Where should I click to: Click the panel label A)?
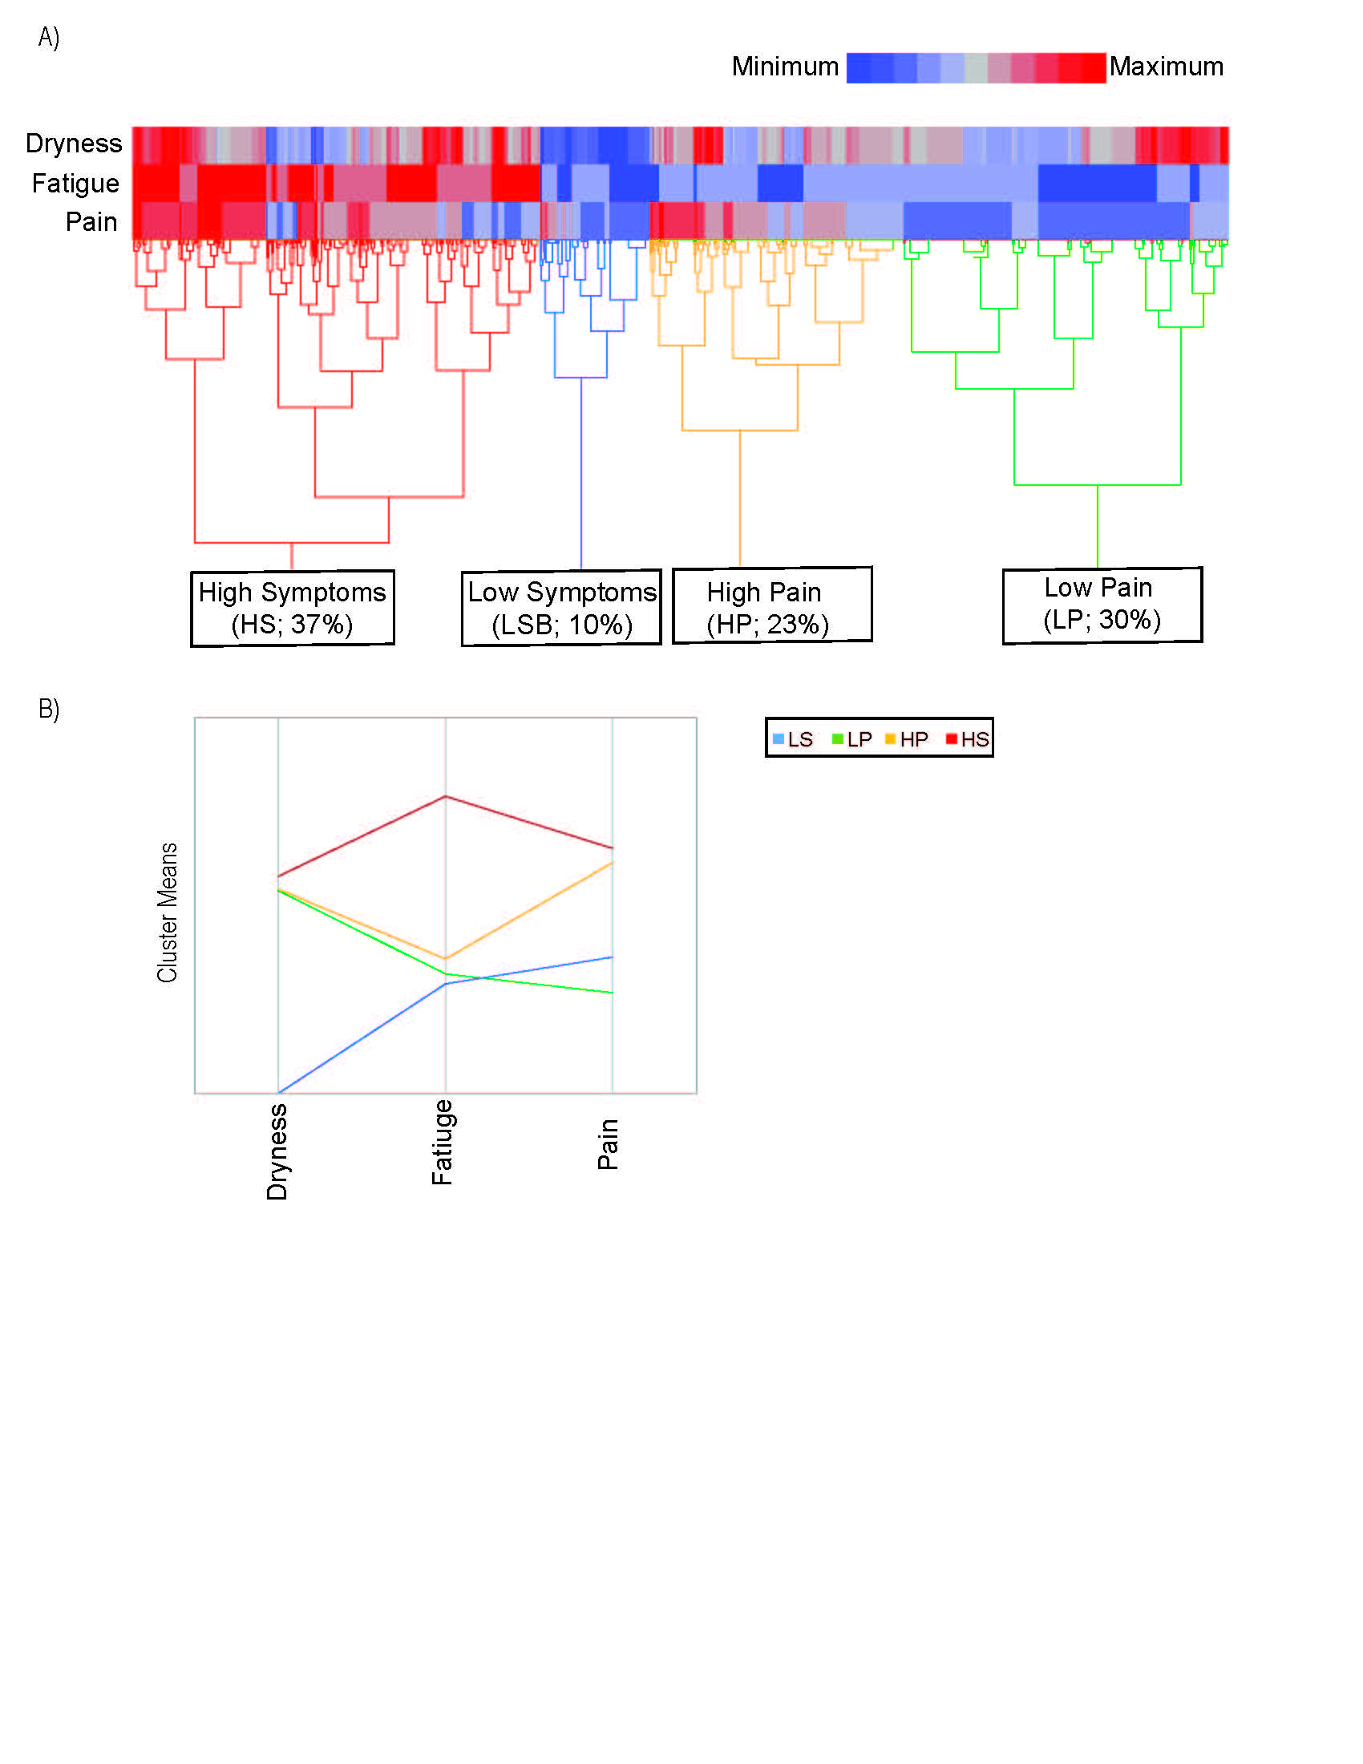[48, 37]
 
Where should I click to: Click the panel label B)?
[48, 708]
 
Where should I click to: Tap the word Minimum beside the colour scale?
[784, 67]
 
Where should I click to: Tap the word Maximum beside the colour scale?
[1165, 67]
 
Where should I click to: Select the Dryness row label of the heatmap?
[74, 143]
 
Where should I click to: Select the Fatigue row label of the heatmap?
[75, 184]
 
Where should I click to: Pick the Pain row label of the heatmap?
[91, 221]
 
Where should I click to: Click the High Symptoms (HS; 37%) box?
[293, 609]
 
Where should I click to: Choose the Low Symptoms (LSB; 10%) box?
[561, 609]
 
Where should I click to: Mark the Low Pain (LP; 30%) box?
[1102, 605]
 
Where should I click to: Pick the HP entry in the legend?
[907, 739]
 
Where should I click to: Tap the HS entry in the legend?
[968, 739]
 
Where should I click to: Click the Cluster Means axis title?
[167, 912]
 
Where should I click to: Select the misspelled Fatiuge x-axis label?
[442, 1142]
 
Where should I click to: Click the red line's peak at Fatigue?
[446, 796]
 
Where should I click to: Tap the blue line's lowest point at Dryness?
[279, 1092]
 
